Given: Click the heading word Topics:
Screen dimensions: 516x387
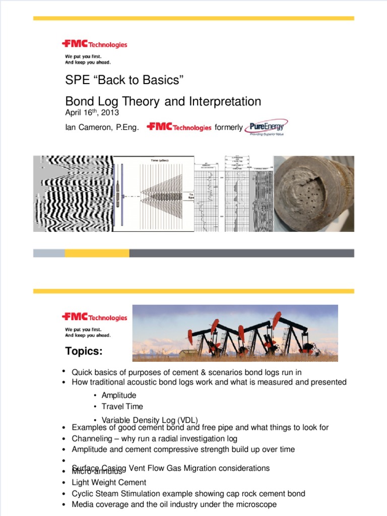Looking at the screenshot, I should (x=84, y=351).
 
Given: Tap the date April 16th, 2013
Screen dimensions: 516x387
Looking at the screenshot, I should (x=92, y=112).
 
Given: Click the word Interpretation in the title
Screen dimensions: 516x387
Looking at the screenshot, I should (x=225, y=101).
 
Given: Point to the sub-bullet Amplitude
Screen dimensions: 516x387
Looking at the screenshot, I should (x=119, y=396).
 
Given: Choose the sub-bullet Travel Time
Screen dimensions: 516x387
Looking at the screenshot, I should (x=122, y=407).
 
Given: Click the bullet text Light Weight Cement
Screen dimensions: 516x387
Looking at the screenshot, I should (x=109, y=483).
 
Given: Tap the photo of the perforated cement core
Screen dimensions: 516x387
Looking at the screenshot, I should (x=313, y=193).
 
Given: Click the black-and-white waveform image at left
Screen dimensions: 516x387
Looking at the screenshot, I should (x=73, y=193).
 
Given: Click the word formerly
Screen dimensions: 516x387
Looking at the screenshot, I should (x=228, y=128).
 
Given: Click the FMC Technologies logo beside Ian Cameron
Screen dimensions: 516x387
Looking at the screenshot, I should (x=179, y=127).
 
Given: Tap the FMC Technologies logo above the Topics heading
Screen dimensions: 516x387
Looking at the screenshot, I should (x=94, y=317).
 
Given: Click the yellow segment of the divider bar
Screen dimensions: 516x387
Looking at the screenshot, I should (x=97, y=253).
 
